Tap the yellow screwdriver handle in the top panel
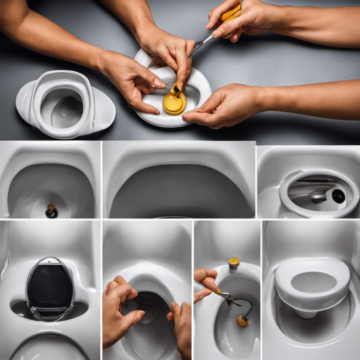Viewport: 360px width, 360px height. tap(232, 13)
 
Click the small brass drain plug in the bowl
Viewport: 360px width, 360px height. tap(51, 210)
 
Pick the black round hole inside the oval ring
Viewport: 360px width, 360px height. tap(338, 196)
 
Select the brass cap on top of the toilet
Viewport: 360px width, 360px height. tap(233, 262)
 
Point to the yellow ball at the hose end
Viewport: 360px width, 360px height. tap(242, 321)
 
